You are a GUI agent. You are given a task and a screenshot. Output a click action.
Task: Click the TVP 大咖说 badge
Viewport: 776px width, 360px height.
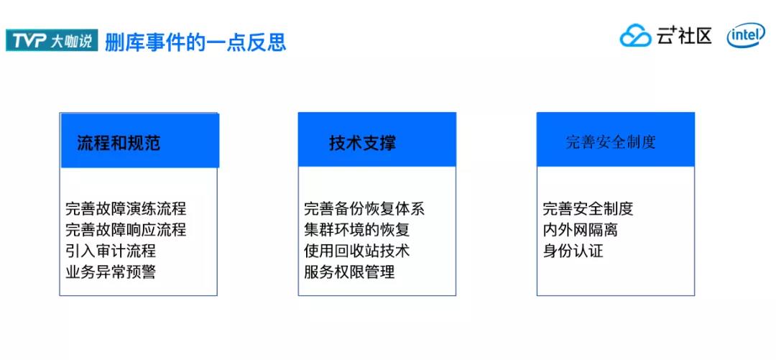[x=52, y=40]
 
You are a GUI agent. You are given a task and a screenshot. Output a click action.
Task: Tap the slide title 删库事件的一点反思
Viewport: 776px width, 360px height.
[x=195, y=41]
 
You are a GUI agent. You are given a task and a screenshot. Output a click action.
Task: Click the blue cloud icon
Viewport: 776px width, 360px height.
[x=635, y=36]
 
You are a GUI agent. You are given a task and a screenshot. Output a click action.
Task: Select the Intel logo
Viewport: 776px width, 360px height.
[x=746, y=36]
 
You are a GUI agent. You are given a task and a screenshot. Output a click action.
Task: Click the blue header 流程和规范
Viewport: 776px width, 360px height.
[x=139, y=140]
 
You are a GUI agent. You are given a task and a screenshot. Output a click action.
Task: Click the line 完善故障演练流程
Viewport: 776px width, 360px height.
[x=126, y=208]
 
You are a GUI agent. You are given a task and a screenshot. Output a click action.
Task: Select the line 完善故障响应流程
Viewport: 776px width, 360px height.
[x=126, y=230]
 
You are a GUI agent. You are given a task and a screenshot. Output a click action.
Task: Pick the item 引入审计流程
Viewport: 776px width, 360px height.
[x=111, y=251]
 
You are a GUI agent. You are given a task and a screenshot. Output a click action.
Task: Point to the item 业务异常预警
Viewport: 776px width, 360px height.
[x=111, y=272]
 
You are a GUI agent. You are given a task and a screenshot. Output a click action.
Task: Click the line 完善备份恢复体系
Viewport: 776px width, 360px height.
[x=364, y=208]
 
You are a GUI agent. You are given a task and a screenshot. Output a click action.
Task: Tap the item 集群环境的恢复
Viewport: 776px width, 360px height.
[x=357, y=230]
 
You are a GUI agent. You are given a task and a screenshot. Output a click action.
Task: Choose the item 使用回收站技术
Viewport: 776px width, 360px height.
[x=357, y=251]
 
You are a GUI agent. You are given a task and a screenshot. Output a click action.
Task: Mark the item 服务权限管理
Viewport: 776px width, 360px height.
[x=349, y=272]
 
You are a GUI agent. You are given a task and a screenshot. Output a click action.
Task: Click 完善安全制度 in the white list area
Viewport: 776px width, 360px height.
[x=588, y=208]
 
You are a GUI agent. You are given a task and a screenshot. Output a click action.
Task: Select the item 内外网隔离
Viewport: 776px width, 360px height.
[x=581, y=230]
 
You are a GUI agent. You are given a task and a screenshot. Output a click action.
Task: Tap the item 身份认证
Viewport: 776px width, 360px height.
[x=573, y=251]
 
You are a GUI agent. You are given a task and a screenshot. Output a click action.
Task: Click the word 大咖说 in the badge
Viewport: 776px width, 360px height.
[x=72, y=41]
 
